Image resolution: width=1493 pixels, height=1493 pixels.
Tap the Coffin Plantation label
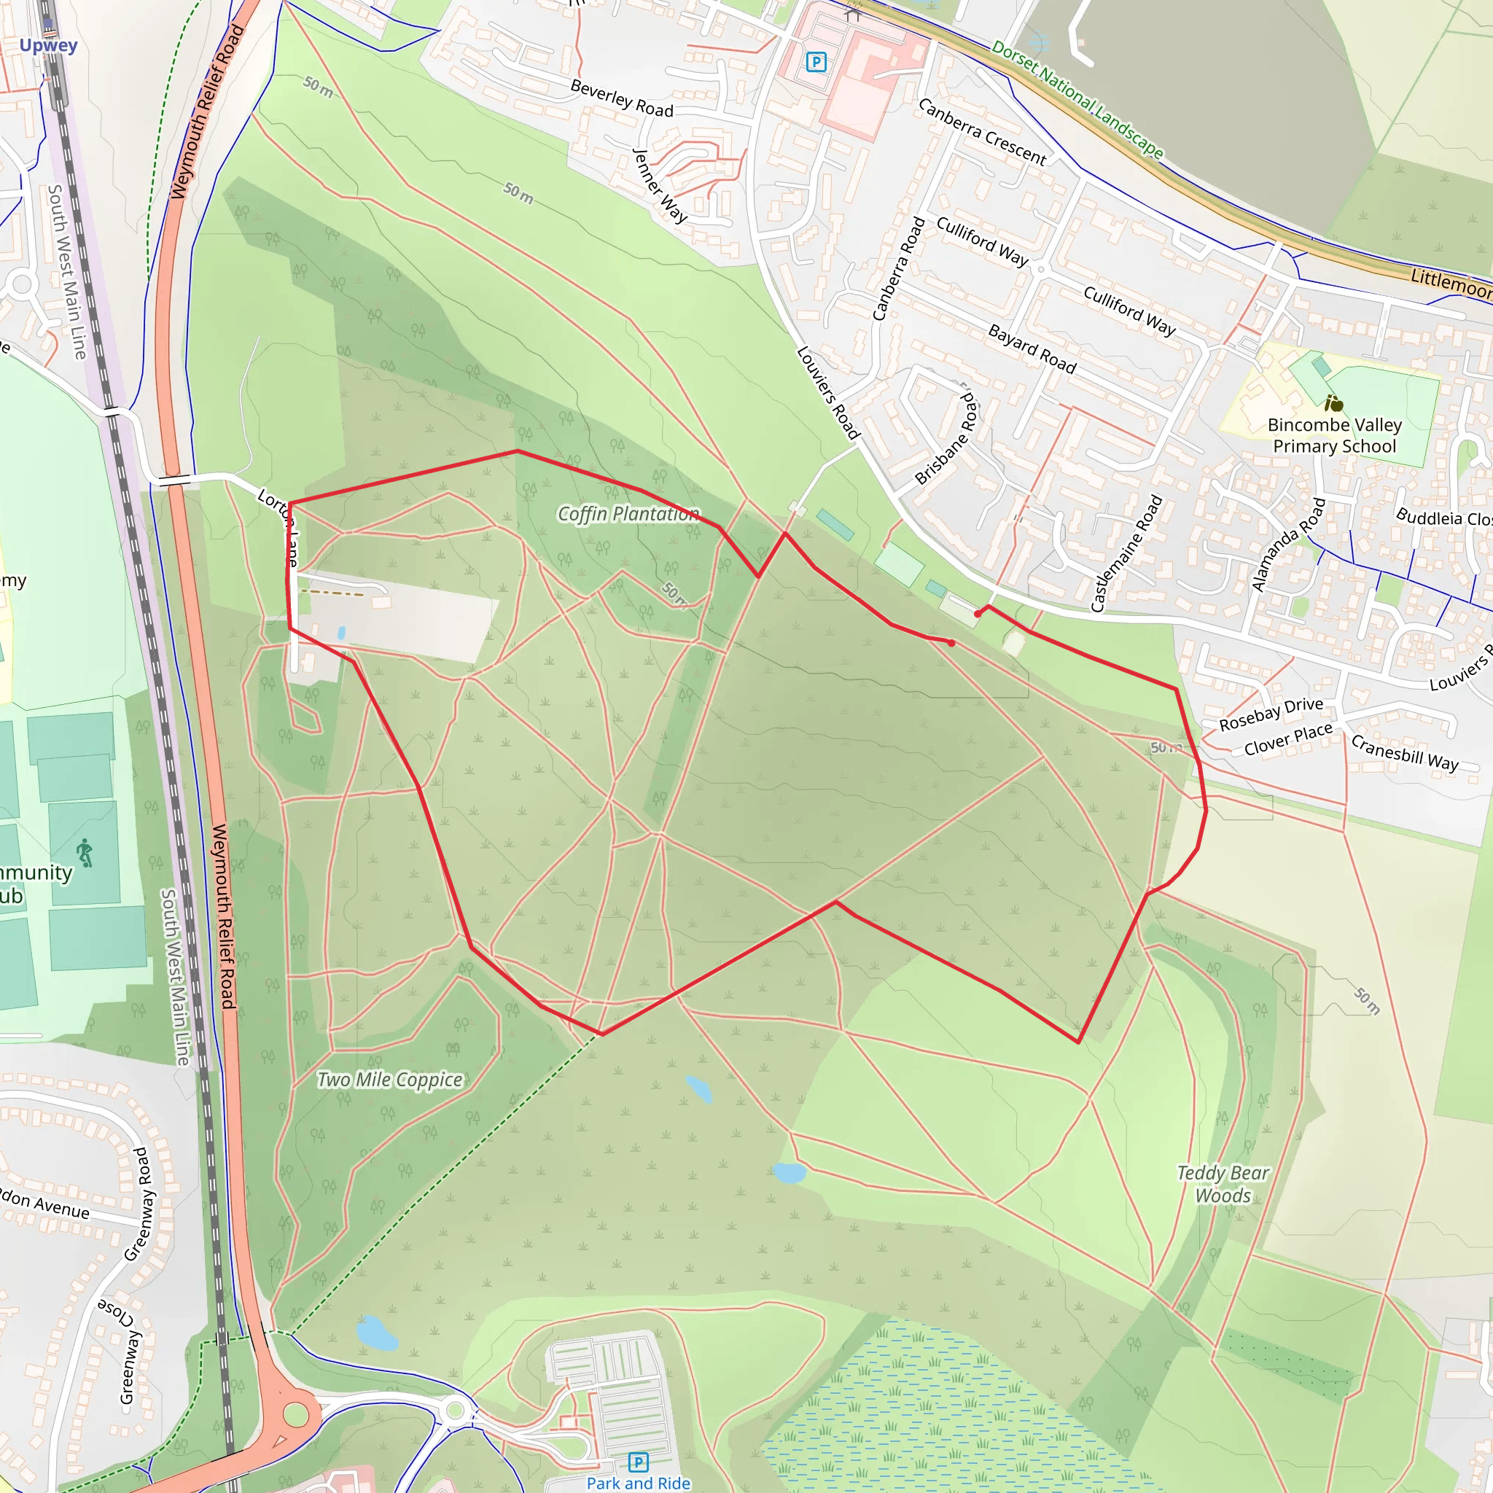pos(628,514)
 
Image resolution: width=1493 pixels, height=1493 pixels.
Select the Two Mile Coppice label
pos(390,1080)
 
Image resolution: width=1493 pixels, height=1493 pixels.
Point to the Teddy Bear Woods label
pos(1223,1184)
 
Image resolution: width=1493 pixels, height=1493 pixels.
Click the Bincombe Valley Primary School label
pos(1335,436)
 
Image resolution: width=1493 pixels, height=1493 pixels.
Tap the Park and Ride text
pos(639,1483)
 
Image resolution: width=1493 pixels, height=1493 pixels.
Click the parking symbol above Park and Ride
pos(639,1462)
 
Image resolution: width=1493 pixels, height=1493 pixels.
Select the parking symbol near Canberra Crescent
pos(816,62)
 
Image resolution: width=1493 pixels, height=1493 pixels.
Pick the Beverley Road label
pos(622,98)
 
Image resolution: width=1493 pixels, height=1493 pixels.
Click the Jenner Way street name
pos(660,185)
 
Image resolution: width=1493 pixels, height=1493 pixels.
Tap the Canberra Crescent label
pos(982,132)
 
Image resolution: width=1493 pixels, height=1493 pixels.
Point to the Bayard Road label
pos(1032,349)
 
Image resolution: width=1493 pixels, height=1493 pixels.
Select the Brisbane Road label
pos(948,437)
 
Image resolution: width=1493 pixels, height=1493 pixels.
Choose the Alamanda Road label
pos(1288,545)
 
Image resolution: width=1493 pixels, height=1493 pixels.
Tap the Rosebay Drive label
pos(1271,714)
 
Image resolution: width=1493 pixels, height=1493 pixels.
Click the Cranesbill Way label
pos(1405,752)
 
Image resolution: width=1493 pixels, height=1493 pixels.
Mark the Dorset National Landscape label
pos(1077,99)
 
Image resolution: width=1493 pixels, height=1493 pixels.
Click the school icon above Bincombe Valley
pos(1334,403)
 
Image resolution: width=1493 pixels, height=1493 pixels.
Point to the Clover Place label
pos(1288,739)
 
